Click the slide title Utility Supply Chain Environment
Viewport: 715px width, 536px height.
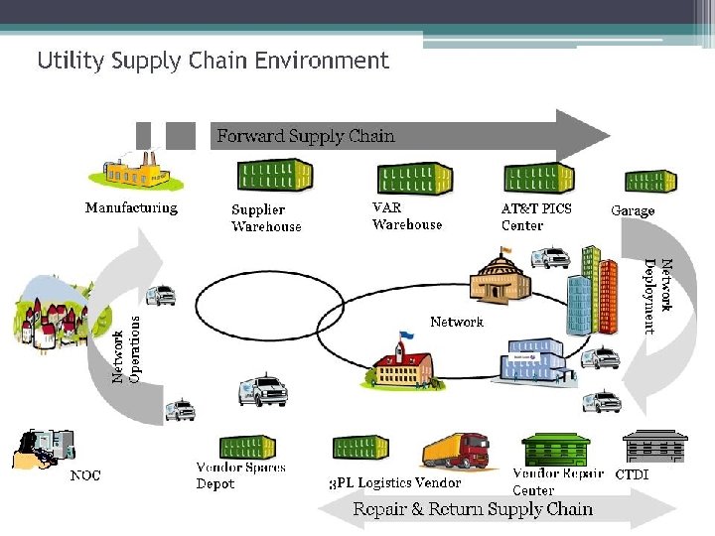tap(213, 61)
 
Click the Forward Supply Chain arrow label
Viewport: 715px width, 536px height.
tap(306, 136)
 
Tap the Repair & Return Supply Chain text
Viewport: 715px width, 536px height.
tap(473, 509)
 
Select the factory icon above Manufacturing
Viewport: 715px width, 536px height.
tap(136, 170)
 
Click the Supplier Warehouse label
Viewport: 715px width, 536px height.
tap(266, 217)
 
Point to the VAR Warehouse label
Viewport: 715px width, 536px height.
tap(406, 216)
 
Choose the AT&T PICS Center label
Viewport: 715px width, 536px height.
tap(536, 216)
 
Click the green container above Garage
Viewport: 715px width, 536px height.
tap(650, 181)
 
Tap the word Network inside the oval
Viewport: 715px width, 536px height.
tap(457, 322)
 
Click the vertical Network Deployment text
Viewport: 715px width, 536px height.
tap(658, 296)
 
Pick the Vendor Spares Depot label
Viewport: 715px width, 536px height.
tap(240, 475)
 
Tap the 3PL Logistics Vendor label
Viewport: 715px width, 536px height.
tap(394, 482)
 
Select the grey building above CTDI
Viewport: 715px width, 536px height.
tap(654, 448)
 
